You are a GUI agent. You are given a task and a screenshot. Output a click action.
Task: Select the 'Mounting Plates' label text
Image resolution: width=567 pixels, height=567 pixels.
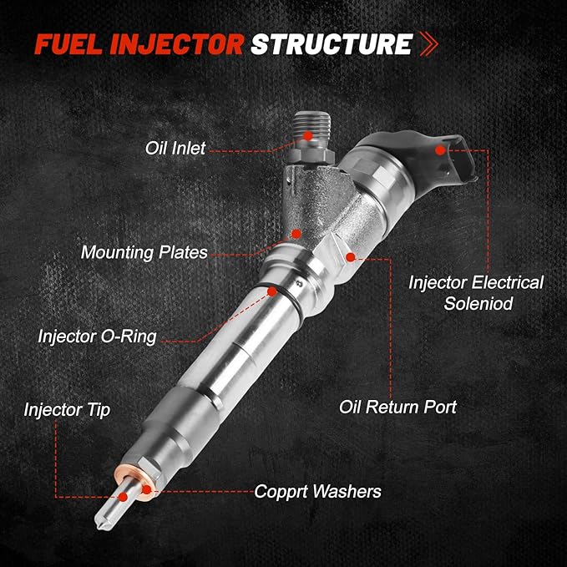point(144,251)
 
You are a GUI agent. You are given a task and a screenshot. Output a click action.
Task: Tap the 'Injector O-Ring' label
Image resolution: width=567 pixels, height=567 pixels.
point(97,337)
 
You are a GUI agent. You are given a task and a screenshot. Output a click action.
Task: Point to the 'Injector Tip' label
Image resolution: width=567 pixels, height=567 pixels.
point(67,409)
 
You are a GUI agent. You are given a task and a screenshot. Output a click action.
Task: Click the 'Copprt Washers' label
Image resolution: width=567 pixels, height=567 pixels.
point(318,491)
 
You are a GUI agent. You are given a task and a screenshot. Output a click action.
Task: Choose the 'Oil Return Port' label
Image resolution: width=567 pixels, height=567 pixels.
point(398,408)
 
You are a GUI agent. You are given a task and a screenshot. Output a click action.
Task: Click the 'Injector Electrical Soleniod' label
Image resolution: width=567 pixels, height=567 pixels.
point(475,293)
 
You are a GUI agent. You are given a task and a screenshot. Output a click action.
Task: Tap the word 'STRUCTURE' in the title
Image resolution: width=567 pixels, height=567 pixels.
point(332,43)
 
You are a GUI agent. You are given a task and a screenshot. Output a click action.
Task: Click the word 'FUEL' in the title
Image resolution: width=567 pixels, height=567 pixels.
point(66,43)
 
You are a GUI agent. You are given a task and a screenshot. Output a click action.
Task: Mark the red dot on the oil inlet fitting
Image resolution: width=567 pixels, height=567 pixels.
point(308,134)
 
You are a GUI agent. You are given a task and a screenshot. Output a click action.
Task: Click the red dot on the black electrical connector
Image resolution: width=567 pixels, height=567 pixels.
point(441,150)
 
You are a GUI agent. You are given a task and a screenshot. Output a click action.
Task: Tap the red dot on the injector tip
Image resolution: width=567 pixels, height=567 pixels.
point(124,496)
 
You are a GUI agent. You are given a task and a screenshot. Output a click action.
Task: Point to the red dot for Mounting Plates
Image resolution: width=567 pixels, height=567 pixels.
point(296,235)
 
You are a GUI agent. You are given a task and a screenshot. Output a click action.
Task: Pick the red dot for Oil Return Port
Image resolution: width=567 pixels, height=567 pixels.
point(351,257)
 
